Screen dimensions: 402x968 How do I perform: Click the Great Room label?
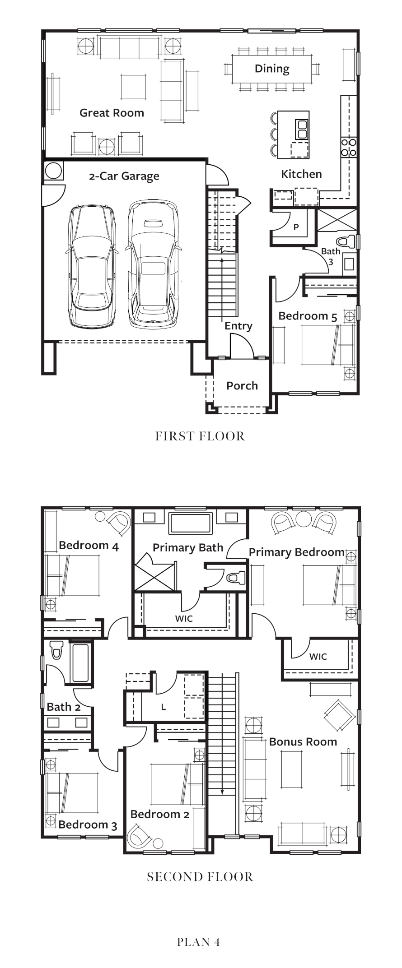pyautogui.click(x=112, y=113)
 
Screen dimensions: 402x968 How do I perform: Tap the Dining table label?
pyautogui.click(x=272, y=69)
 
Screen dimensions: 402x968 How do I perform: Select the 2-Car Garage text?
pyautogui.click(x=124, y=176)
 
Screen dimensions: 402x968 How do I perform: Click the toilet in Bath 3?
pyautogui.click(x=346, y=241)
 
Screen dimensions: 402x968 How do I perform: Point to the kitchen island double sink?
pyautogui.click(x=301, y=129)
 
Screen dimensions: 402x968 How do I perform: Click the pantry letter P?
pyautogui.click(x=296, y=227)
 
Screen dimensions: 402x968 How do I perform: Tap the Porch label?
pyautogui.click(x=242, y=386)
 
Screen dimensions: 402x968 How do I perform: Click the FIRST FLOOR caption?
pyautogui.click(x=200, y=436)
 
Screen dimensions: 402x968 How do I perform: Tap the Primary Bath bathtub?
pyautogui.click(x=190, y=523)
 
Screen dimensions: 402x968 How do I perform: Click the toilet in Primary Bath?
pyautogui.click(x=235, y=577)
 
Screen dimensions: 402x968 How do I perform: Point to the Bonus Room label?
pyautogui.click(x=303, y=742)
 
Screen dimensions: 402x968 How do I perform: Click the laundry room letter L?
pyautogui.click(x=164, y=707)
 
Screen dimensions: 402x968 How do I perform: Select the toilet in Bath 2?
pyautogui.click(x=56, y=650)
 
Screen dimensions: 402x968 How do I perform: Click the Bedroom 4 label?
pyautogui.click(x=89, y=546)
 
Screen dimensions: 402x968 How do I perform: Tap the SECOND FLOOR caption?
pyautogui.click(x=200, y=877)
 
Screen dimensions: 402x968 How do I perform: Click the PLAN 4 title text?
pyautogui.click(x=199, y=942)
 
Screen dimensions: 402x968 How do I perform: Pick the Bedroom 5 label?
pyautogui.click(x=308, y=316)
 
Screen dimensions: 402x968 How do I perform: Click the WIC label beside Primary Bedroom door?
pyautogui.click(x=318, y=657)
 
